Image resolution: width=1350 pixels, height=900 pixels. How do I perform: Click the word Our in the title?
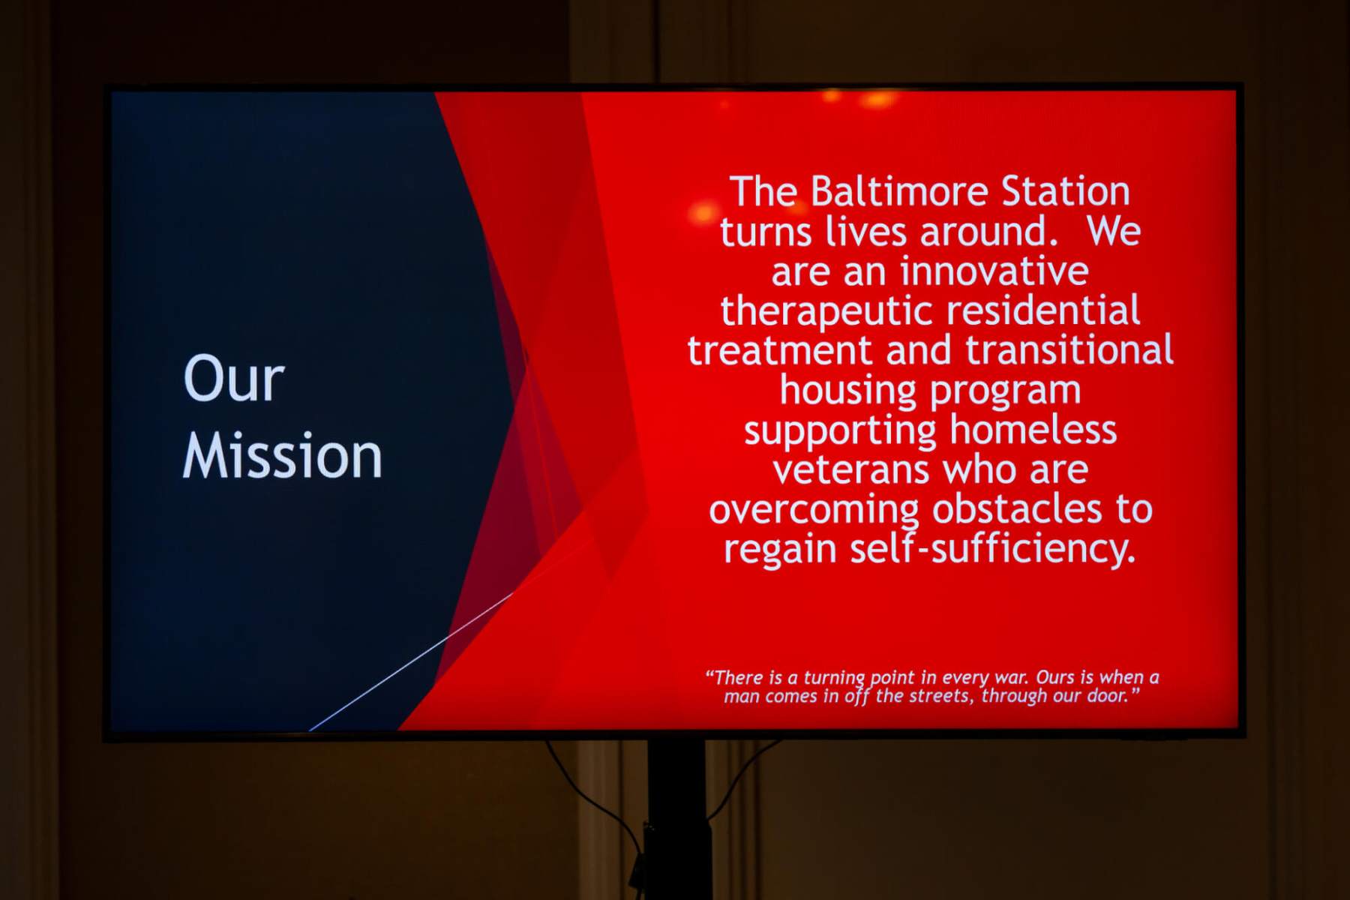tap(234, 379)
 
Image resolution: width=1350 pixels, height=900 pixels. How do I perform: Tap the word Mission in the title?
tap(283, 456)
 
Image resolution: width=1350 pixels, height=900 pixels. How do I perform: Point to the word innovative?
tap(994, 271)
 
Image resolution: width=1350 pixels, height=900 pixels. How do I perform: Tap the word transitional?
tap(1069, 350)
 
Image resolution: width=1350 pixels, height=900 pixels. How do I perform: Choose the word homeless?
tap(1033, 430)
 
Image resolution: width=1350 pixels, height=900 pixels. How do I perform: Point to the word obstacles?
tap(1017, 509)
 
